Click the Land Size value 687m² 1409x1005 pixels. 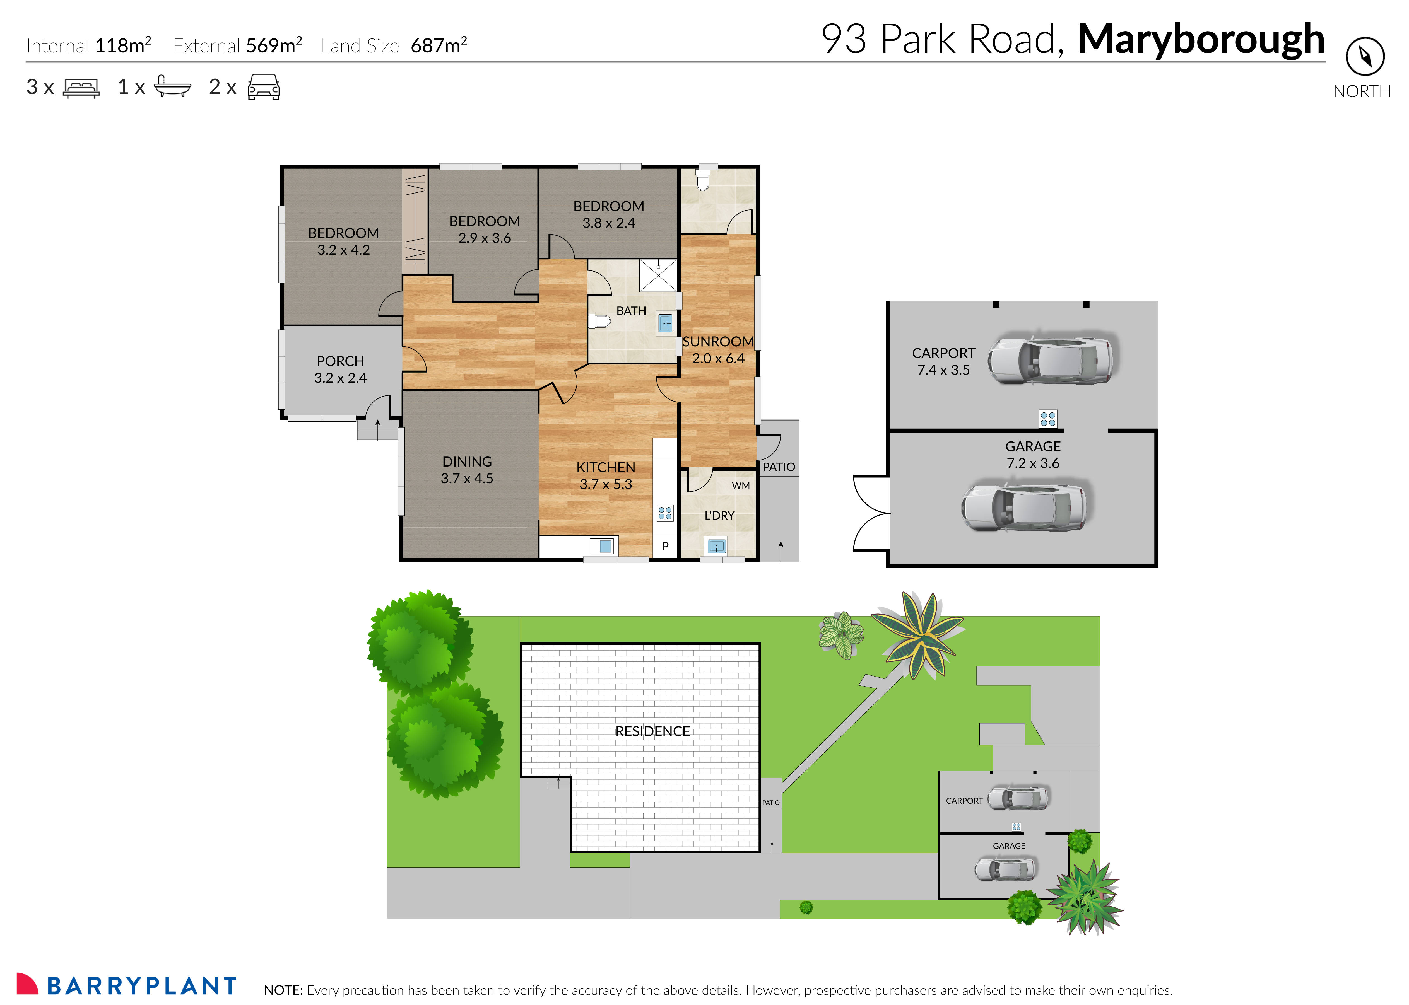[x=438, y=45]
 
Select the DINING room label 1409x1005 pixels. [x=467, y=462]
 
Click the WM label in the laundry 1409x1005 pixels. [x=740, y=486]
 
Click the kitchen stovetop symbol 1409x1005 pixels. [x=665, y=513]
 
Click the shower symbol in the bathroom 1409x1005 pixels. [x=658, y=276]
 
